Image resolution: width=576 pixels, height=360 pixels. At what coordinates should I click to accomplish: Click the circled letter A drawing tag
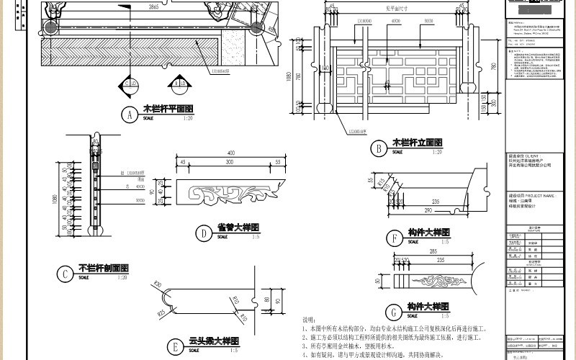[x=130, y=114]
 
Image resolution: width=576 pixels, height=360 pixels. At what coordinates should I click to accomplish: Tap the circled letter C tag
[x=66, y=273]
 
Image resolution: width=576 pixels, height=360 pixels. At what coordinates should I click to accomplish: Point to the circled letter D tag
[x=204, y=233]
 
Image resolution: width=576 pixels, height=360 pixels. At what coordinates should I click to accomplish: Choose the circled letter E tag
[x=176, y=346]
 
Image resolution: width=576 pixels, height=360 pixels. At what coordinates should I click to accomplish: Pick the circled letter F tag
[x=393, y=238]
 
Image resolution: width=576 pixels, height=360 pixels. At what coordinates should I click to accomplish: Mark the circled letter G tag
[x=393, y=311]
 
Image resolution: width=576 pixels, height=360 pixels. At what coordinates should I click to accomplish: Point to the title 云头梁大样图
[x=213, y=341]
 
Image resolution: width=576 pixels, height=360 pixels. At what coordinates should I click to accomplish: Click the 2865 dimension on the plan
[x=153, y=6]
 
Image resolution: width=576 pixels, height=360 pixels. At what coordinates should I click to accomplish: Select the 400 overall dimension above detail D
[x=230, y=153]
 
